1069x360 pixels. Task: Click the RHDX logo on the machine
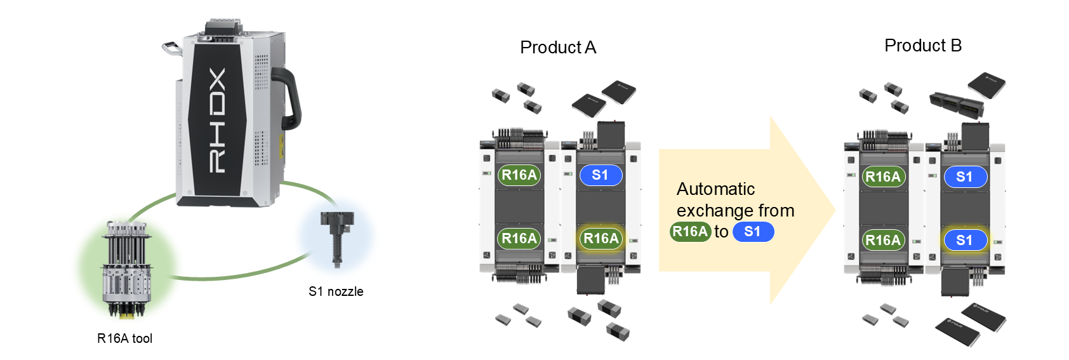(x=217, y=121)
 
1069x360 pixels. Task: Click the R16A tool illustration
(x=126, y=269)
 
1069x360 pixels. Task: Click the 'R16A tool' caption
(x=124, y=338)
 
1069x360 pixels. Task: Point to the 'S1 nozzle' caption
(x=336, y=291)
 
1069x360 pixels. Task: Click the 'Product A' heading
(x=558, y=48)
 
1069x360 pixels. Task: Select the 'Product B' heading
(x=923, y=46)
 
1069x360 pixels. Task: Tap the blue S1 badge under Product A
(x=601, y=175)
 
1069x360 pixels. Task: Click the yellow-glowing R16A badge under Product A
(x=601, y=239)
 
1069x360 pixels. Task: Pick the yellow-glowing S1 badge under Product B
(x=964, y=240)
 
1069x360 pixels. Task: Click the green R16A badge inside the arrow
(x=690, y=232)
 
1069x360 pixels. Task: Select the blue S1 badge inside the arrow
(x=753, y=232)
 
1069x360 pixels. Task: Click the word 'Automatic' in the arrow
(x=715, y=189)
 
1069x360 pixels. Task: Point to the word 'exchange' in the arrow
(x=707, y=211)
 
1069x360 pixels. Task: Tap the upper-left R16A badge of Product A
(x=519, y=175)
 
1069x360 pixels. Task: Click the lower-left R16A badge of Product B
(x=883, y=240)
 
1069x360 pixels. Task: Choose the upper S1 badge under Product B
(x=964, y=177)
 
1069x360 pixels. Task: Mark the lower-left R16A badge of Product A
(x=519, y=239)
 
